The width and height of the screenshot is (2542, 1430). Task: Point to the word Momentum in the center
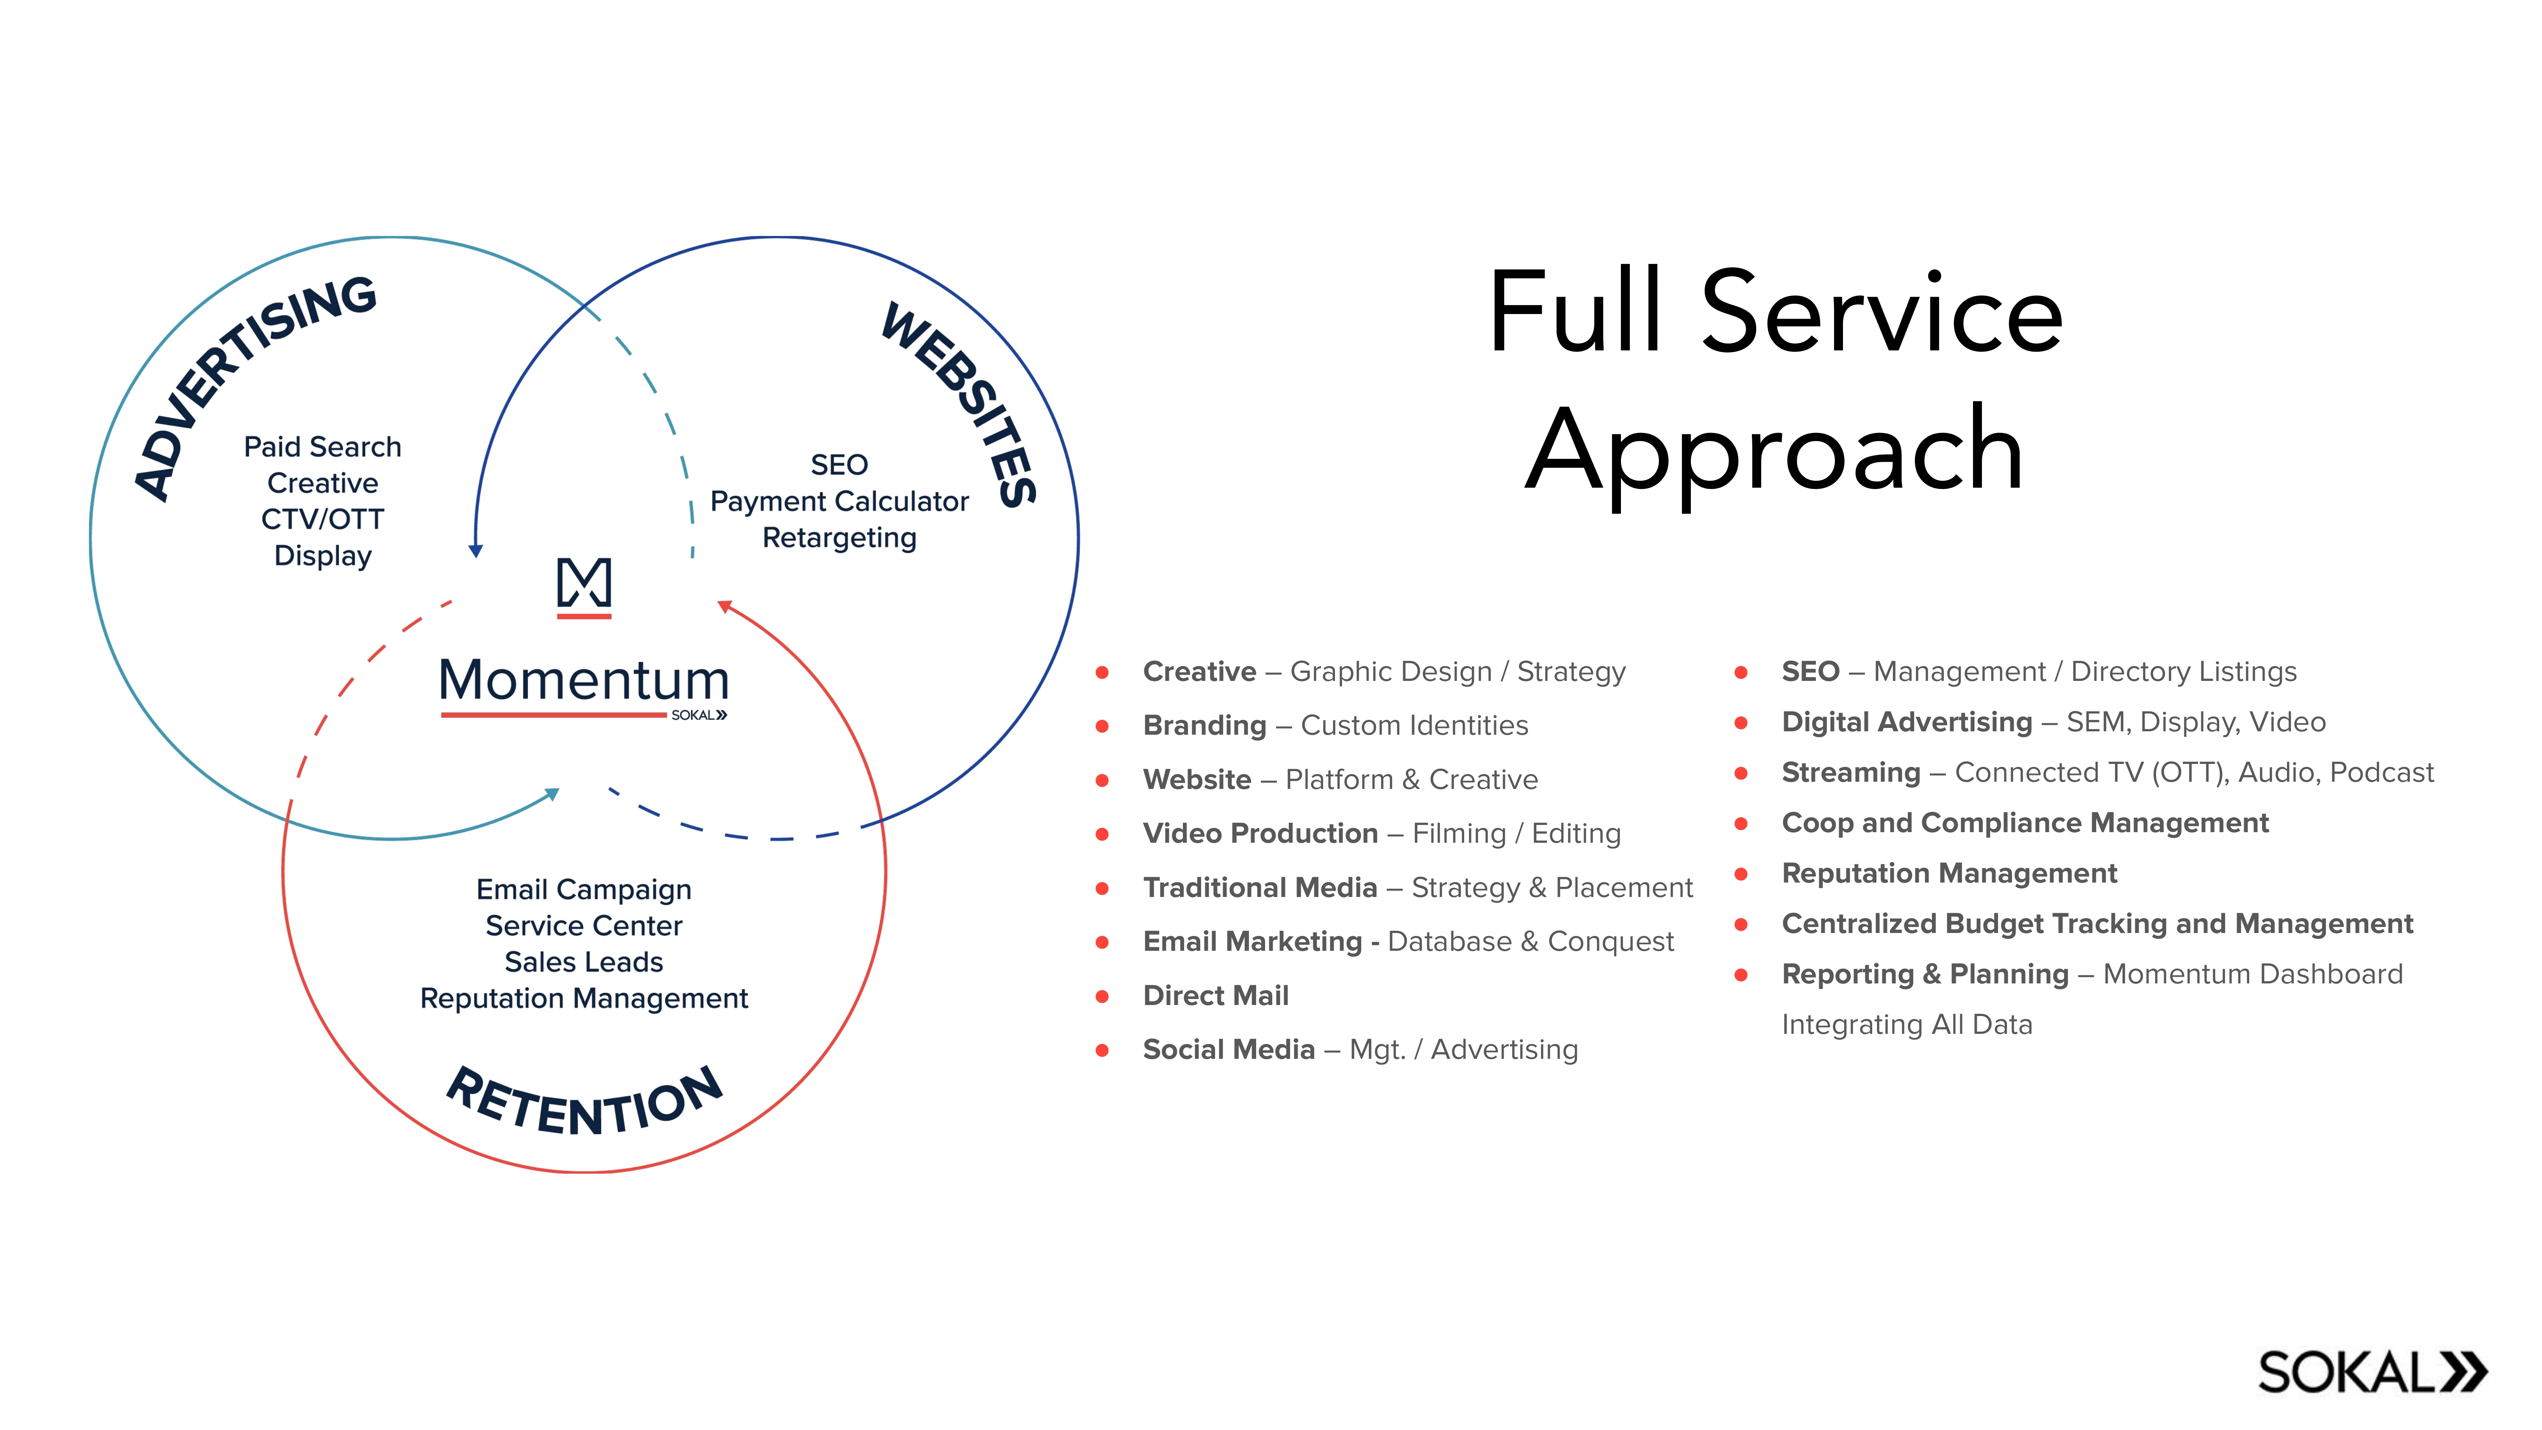(x=584, y=681)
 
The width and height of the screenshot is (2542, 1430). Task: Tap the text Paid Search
(x=323, y=447)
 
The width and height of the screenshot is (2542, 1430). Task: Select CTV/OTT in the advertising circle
(x=323, y=519)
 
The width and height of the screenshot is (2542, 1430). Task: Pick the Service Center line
(x=584, y=926)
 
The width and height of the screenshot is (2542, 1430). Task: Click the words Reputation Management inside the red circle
(x=584, y=999)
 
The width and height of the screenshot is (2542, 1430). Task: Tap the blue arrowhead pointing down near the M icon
(x=476, y=551)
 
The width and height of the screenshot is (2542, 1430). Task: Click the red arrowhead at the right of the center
(x=724, y=606)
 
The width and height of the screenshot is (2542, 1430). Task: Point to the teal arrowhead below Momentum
(x=554, y=794)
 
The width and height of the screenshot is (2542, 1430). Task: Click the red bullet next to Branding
(x=1102, y=726)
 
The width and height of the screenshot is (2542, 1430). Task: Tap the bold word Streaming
(x=1850, y=773)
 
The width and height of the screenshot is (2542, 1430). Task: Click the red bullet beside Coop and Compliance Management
(x=1741, y=823)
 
